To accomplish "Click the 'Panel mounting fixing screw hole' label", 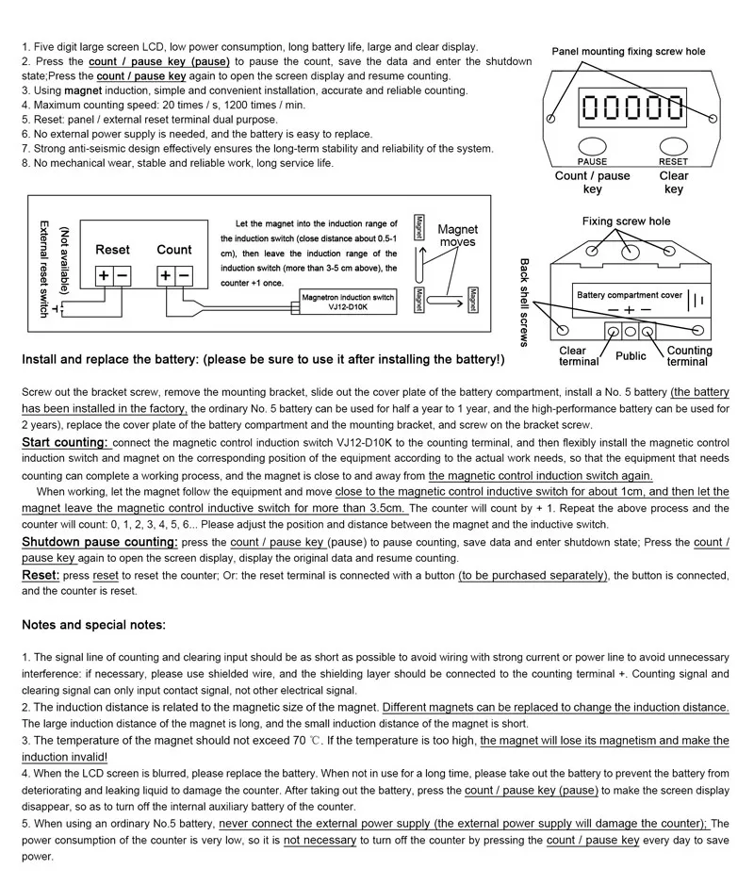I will (x=628, y=52).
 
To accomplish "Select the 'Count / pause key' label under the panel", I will (x=592, y=182).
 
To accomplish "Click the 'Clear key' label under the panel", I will (x=674, y=182).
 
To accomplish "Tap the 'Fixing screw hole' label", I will (x=626, y=221).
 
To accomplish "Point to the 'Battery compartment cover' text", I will (x=629, y=295).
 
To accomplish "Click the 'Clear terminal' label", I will (x=579, y=356).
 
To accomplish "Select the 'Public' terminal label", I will (x=631, y=356).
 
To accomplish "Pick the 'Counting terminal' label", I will (x=689, y=356).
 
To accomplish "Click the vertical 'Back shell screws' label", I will (x=525, y=303).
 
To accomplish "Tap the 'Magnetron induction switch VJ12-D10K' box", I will (x=348, y=302).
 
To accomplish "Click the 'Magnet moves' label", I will (x=457, y=236).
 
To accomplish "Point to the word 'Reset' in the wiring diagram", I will (x=112, y=250).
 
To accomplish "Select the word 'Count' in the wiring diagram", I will (x=173, y=250).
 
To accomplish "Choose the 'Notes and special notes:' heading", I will (x=94, y=624).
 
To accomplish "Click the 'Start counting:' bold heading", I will (x=65, y=442).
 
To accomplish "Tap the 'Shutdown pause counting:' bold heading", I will (x=100, y=542).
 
